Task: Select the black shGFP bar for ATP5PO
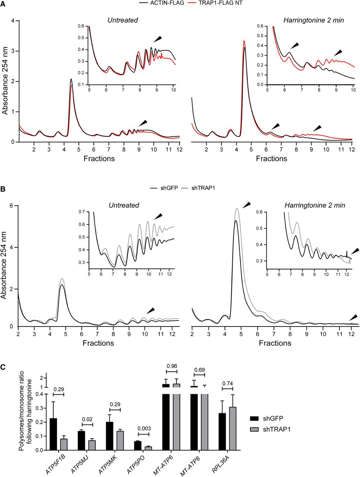pyautogui.click(x=138, y=446)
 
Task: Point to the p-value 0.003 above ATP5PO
pyautogui.click(x=143, y=429)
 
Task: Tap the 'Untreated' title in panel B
pyautogui.click(x=124, y=205)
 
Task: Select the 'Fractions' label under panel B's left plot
pyautogui.click(x=98, y=343)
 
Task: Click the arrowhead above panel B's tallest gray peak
pyautogui.click(x=246, y=204)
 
